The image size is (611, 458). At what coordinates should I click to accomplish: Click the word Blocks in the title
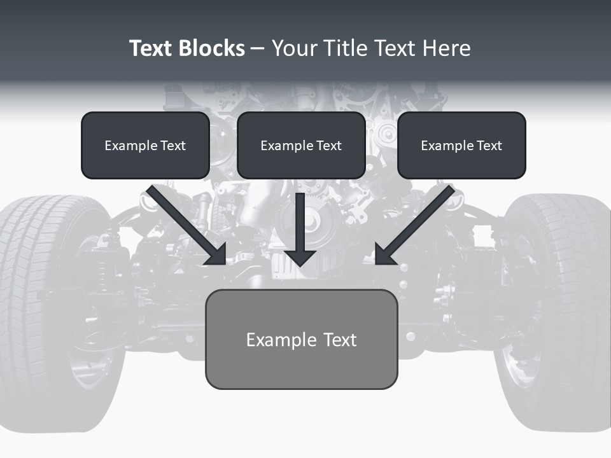pyautogui.click(x=213, y=48)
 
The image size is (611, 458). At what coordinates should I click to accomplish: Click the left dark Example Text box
pyautogui.click(x=145, y=145)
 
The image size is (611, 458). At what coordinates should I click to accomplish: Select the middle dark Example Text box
pyautogui.click(x=301, y=145)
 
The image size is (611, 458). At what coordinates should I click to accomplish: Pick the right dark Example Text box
pyautogui.click(x=461, y=145)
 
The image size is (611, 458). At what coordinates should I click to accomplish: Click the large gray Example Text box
pyautogui.click(x=301, y=339)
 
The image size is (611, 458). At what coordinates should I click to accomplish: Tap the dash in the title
pyautogui.click(x=258, y=49)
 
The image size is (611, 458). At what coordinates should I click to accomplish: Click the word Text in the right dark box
pyautogui.click(x=489, y=145)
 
